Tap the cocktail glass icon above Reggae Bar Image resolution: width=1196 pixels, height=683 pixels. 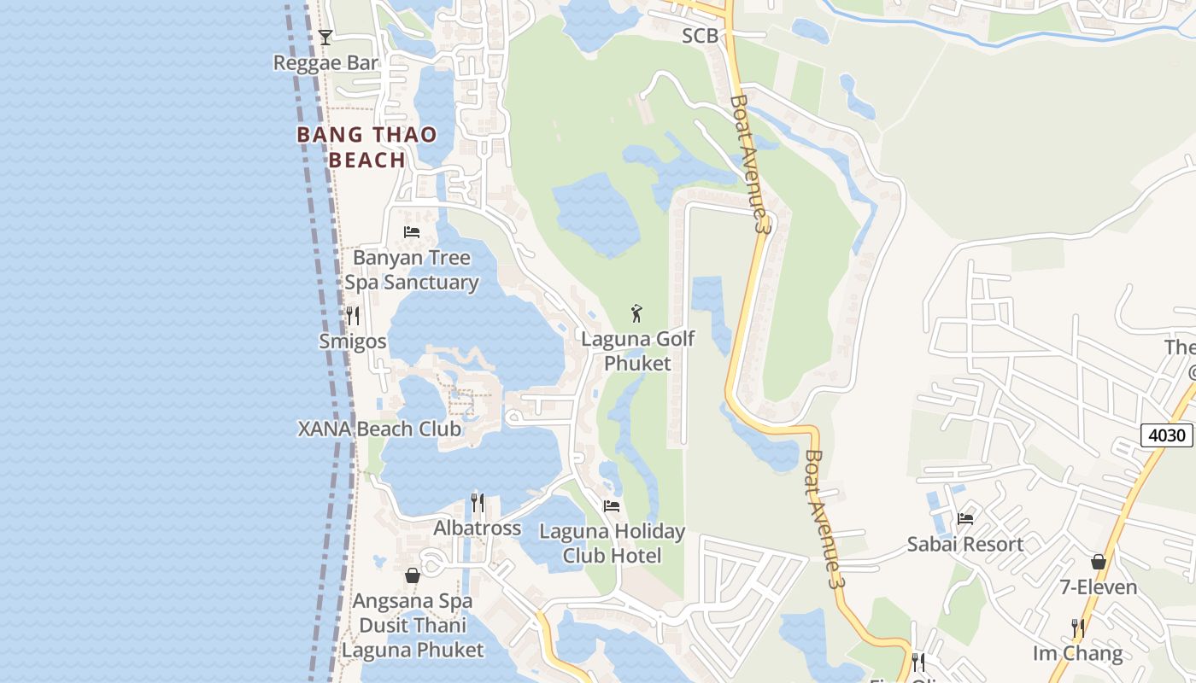click(325, 37)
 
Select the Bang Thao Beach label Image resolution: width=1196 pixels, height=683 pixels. click(366, 147)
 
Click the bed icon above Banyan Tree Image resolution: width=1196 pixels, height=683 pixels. click(412, 231)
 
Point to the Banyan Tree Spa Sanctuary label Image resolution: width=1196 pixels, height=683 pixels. click(411, 270)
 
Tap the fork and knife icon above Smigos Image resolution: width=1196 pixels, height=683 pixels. click(352, 316)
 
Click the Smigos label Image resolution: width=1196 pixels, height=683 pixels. click(352, 341)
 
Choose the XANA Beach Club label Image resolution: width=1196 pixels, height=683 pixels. click(379, 429)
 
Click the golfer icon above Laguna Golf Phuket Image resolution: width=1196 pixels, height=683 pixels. click(636, 313)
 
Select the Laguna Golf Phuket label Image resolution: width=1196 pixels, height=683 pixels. click(637, 351)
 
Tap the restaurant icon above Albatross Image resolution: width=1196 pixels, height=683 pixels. click(478, 503)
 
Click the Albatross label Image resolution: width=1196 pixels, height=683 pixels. click(477, 528)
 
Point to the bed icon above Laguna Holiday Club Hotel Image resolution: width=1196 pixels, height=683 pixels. click(612, 505)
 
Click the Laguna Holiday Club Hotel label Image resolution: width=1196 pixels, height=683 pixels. click(612, 543)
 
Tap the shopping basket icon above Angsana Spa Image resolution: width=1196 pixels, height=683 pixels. click(413, 575)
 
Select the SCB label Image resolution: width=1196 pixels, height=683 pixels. click(700, 36)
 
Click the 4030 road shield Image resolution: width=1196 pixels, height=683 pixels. click(1166, 435)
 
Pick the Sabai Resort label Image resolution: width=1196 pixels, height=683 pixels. click(964, 544)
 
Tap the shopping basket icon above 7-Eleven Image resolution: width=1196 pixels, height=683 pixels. click(1099, 562)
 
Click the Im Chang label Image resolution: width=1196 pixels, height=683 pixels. click(1077, 653)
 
